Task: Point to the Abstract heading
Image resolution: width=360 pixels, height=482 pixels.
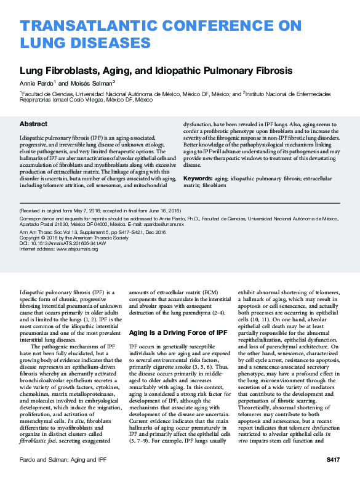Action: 33,124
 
